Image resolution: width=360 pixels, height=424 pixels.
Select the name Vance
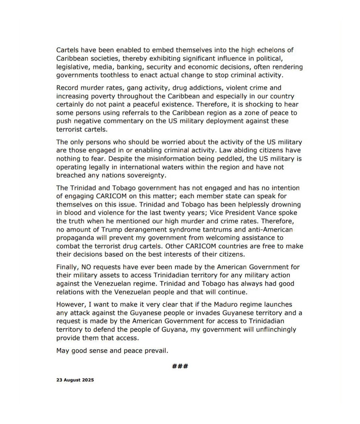(269, 213)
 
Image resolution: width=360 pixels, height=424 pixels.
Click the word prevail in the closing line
(157, 351)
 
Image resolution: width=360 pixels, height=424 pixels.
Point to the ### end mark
(180, 366)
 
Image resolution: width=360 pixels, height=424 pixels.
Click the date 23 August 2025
(75, 380)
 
